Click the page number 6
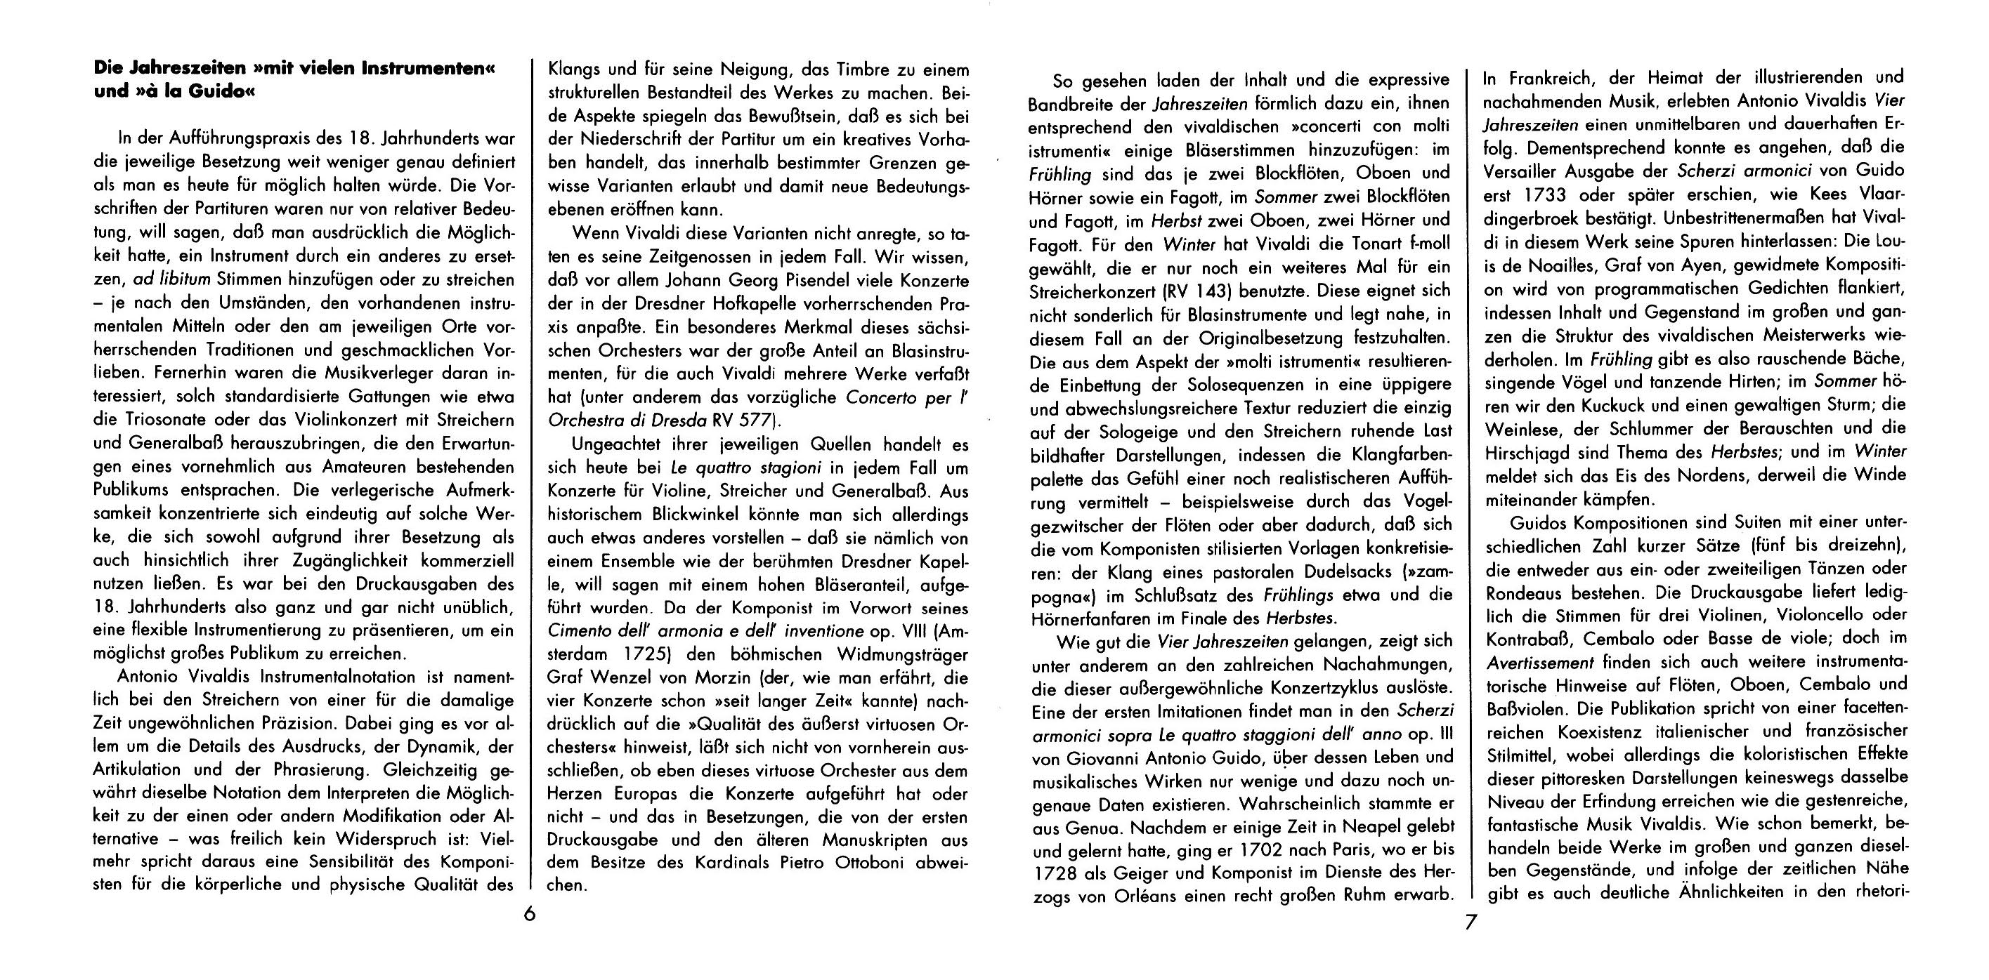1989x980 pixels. pyautogui.click(x=529, y=915)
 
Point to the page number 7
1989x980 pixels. pyautogui.click(x=1472, y=923)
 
